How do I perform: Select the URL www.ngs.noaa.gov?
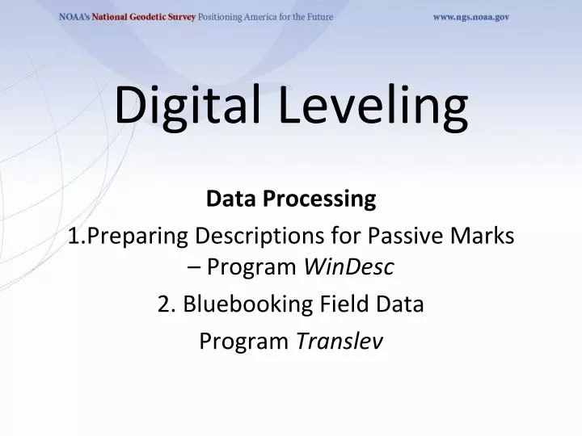470,17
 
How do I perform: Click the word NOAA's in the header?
74,17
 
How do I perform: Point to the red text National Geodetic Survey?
143,17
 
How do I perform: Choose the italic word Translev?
339,342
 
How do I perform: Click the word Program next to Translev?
244,342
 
